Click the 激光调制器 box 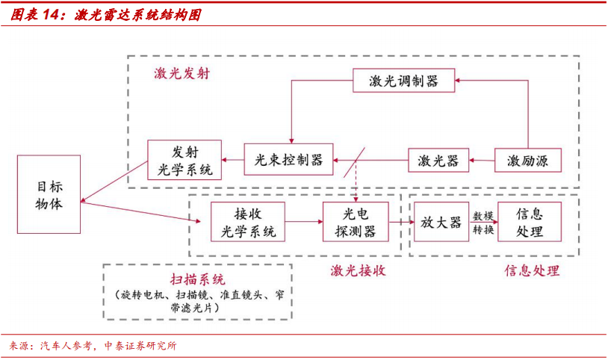[x=403, y=80]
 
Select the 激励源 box [x=528, y=160]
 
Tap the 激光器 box [x=438, y=160]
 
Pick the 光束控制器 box [x=288, y=159]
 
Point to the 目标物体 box [x=49, y=194]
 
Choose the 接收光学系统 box [x=249, y=221]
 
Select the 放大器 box [x=441, y=221]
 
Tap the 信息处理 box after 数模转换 [x=530, y=221]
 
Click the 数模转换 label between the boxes [x=483, y=223]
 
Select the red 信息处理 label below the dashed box [x=532, y=270]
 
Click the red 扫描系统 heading [x=197, y=279]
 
